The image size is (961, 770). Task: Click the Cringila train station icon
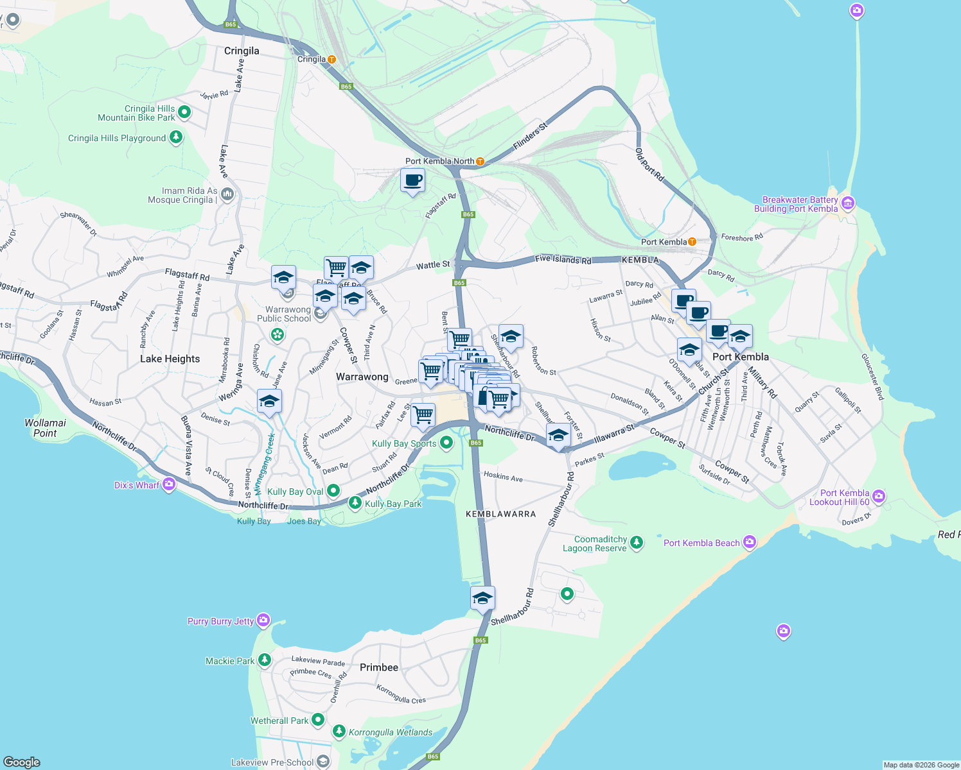(331, 59)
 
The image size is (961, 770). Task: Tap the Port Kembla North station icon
(480, 161)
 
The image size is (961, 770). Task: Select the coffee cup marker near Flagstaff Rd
(412, 180)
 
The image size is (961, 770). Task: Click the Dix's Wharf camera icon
(169, 484)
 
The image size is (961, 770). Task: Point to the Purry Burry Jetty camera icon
(263, 620)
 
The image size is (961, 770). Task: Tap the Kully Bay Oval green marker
(333, 492)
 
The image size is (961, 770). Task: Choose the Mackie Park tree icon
(264, 660)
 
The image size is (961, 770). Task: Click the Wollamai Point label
(45, 428)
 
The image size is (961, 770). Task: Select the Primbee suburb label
(378, 667)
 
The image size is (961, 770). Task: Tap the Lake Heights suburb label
(170, 359)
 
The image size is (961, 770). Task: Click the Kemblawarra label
(500, 514)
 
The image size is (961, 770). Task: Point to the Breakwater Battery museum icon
(847, 203)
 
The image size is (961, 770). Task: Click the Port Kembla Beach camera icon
(749, 542)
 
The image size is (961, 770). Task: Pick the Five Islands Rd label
(563, 260)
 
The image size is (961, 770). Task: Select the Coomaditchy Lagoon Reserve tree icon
(636, 543)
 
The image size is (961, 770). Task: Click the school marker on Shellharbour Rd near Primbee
(482, 599)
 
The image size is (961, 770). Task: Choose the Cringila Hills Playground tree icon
(175, 137)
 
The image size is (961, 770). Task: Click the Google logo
(22, 762)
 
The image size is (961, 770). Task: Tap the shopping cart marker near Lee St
(423, 415)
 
